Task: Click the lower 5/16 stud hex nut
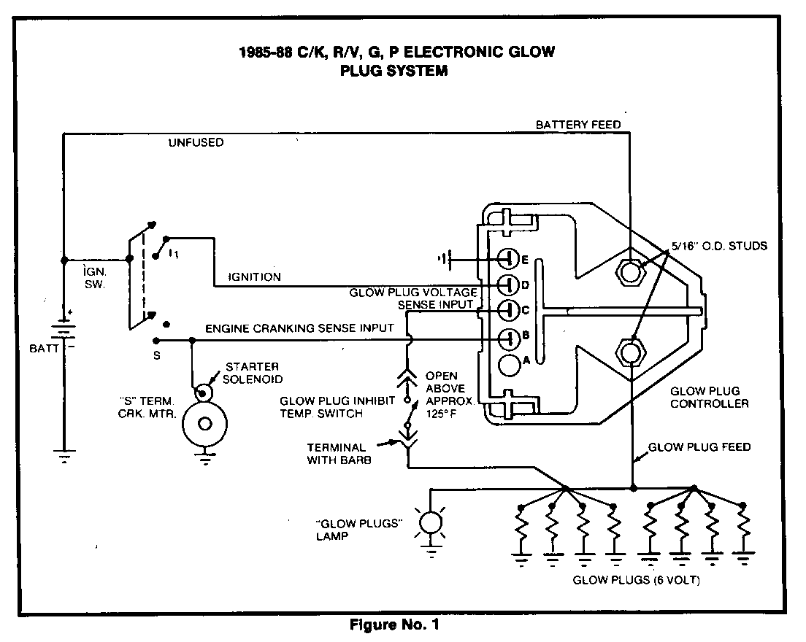point(631,352)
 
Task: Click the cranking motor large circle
point(205,424)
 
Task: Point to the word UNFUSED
point(196,143)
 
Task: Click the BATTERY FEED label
point(578,125)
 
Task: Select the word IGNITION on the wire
point(254,277)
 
